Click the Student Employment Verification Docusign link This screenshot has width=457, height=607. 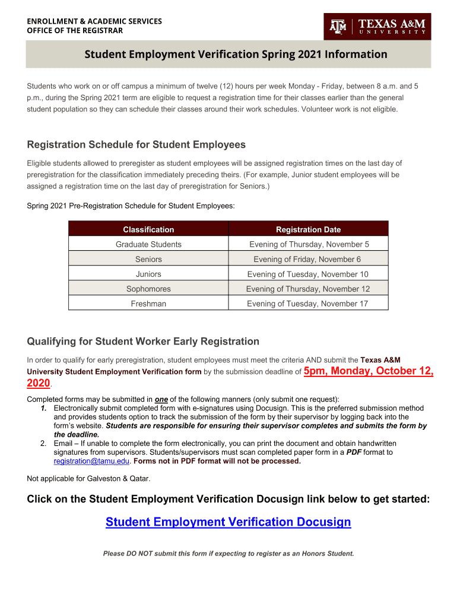click(228, 522)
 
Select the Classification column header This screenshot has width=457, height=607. click(148, 229)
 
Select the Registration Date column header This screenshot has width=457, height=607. click(308, 229)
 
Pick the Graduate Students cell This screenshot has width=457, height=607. click(148, 244)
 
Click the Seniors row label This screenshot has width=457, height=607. click(148, 259)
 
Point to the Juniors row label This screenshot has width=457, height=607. click(148, 274)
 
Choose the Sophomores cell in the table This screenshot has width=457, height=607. click(148, 289)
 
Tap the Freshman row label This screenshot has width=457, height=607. click(148, 303)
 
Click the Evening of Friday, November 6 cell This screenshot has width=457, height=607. click(307, 259)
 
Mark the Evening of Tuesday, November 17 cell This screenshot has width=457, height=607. click(307, 303)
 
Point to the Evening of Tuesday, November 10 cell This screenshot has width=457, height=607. click(307, 274)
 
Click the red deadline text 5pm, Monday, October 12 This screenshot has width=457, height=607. click(368, 372)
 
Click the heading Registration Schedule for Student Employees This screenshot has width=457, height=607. click(137, 145)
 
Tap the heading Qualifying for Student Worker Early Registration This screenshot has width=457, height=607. click(143, 341)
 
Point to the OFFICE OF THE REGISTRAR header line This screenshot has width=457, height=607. click(75, 31)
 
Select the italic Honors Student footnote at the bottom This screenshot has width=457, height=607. click(228, 554)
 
